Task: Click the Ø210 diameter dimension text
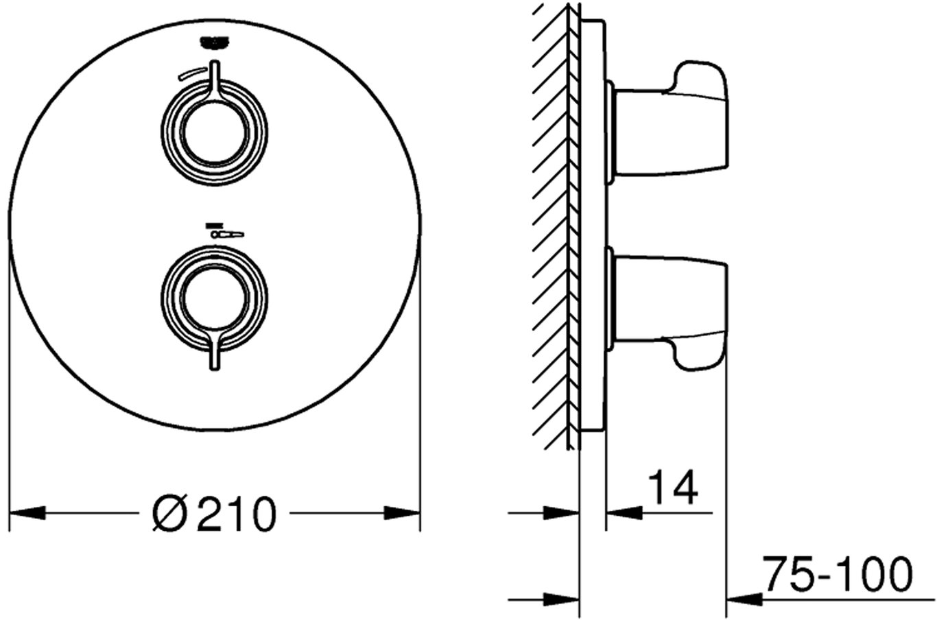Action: [x=214, y=514]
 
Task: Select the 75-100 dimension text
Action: [x=836, y=574]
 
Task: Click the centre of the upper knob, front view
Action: [x=215, y=133]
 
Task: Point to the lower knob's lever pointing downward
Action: [x=215, y=350]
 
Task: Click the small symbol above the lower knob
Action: [x=224, y=231]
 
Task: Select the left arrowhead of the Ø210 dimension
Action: [x=27, y=513]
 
